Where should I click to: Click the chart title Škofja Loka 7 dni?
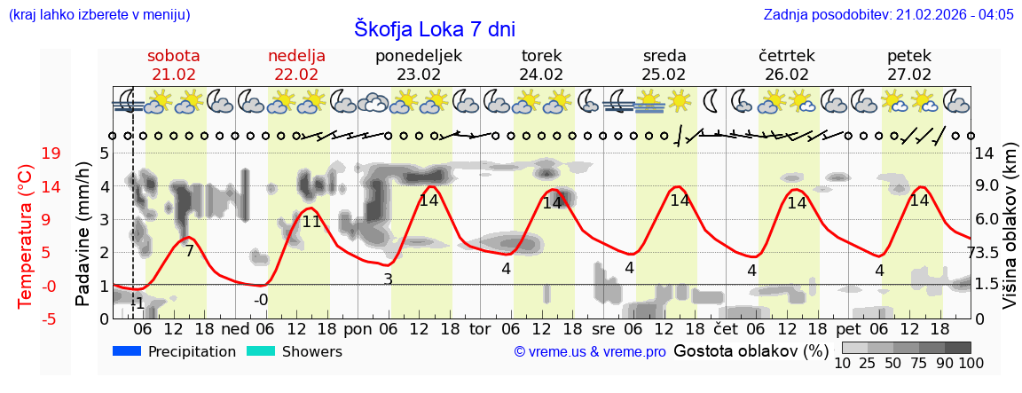[x=435, y=28]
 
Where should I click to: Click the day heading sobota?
[x=174, y=56]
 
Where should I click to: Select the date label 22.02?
[x=296, y=75]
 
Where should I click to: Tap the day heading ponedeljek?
[x=419, y=56]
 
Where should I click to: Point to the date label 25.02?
[x=664, y=75]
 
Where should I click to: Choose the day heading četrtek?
[x=787, y=56]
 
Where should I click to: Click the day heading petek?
[x=909, y=56]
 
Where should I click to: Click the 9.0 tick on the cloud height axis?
[x=988, y=186]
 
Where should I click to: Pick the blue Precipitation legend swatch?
[x=128, y=351]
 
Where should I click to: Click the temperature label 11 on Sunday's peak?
[x=311, y=222]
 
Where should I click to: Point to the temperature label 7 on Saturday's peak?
[x=189, y=251]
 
